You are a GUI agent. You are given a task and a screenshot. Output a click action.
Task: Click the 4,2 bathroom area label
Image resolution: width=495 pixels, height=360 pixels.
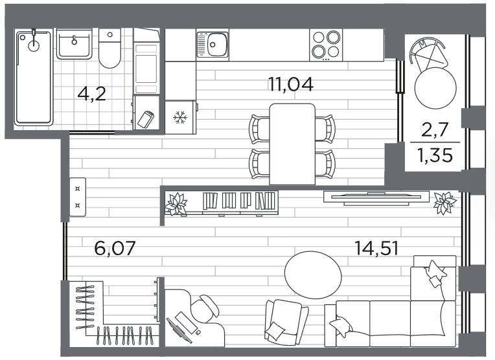pyautogui.click(x=91, y=94)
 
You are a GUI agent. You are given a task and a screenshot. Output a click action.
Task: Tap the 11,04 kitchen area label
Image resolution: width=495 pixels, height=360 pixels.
pyautogui.click(x=291, y=84)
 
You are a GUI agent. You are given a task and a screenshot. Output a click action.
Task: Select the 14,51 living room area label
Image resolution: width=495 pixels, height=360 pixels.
pyautogui.click(x=376, y=248)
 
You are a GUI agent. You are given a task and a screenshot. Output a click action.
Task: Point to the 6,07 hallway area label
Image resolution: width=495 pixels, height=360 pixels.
pyautogui.click(x=115, y=248)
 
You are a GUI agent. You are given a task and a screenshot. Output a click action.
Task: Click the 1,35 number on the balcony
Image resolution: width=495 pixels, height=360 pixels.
pyautogui.click(x=435, y=155)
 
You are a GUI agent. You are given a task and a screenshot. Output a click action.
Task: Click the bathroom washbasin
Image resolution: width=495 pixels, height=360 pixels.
pyautogui.click(x=75, y=43)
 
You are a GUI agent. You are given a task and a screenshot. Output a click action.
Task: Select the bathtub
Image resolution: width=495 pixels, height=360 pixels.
pyautogui.click(x=34, y=77)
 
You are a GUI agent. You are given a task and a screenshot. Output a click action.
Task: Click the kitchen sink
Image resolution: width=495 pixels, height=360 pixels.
pyautogui.click(x=213, y=44)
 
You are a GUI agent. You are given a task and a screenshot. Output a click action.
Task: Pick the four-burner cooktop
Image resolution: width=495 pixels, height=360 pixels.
pyautogui.click(x=326, y=45)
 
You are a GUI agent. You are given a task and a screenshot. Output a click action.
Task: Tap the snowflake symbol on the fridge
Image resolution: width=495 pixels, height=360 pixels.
pyautogui.click(x=180, y=117)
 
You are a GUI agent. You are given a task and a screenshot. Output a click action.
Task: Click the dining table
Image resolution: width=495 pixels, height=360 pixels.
pyautogui.click(x=292, y=144)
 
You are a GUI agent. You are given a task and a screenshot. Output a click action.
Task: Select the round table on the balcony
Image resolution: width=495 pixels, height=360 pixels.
pyautogui.click(x=435, y=88)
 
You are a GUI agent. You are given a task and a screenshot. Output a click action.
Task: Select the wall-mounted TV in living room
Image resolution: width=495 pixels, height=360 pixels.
pyautogui.click(x=376, y=198)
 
